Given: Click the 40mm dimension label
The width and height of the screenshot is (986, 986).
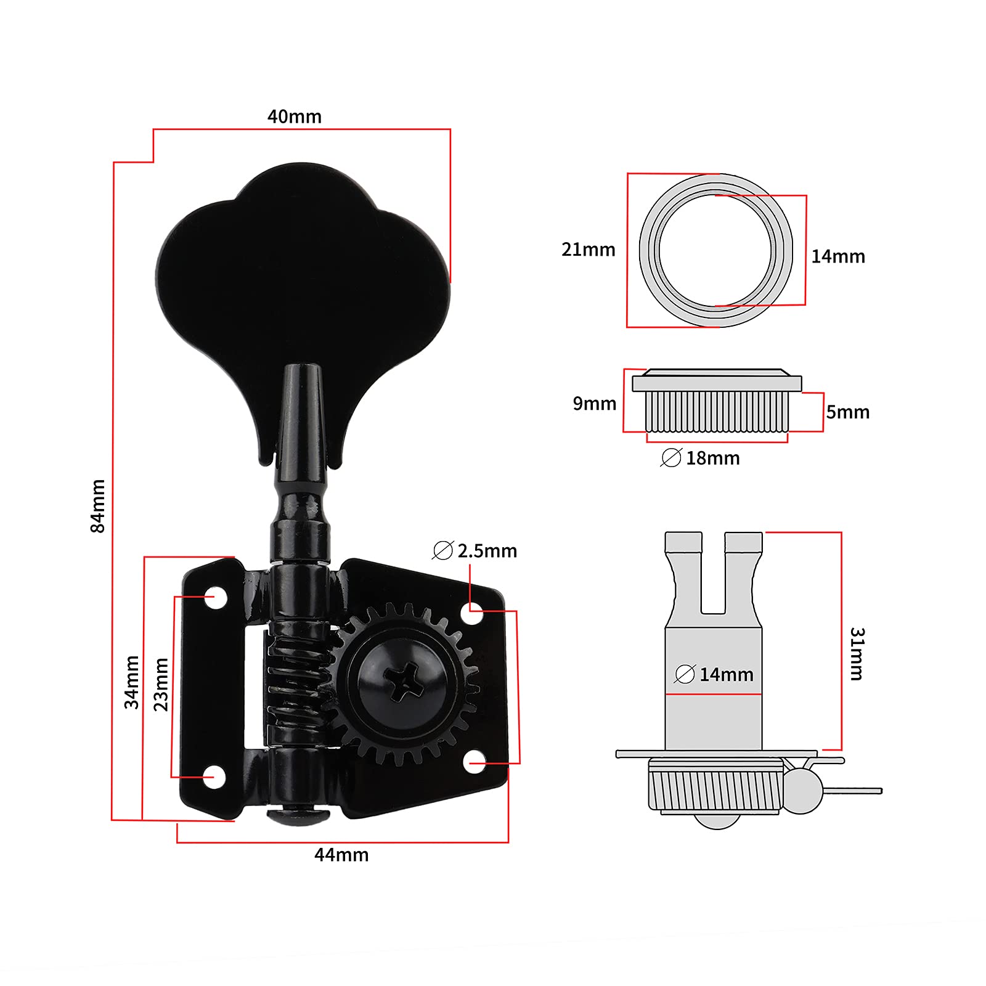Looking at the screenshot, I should coord(294,116).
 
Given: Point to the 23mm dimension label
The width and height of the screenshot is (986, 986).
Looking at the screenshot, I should coord(161,684).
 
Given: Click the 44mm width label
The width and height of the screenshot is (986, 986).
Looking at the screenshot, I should coord(341,855).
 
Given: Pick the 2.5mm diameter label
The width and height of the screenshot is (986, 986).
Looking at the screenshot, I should coord(475,550).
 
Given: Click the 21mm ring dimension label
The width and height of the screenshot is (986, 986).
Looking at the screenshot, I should coord(588,250).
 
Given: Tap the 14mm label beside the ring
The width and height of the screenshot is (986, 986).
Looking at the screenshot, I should coord(837,256).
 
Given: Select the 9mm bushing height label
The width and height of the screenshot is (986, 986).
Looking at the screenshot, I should coord(594,404).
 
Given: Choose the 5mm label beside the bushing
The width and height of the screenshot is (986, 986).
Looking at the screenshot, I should coord(847,412).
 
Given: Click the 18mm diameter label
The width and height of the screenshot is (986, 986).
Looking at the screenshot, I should coord(712,458).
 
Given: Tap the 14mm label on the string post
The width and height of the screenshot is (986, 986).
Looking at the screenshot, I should coord(725,674).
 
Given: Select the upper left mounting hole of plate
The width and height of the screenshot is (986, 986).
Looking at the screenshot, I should coord(215,597).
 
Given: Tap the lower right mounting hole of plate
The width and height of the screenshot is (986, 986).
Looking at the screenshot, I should coord(473,764).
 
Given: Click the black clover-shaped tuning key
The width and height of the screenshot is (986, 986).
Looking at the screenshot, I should coord(302,277).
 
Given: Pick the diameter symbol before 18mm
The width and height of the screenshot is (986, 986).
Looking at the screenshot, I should coord(670,458).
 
